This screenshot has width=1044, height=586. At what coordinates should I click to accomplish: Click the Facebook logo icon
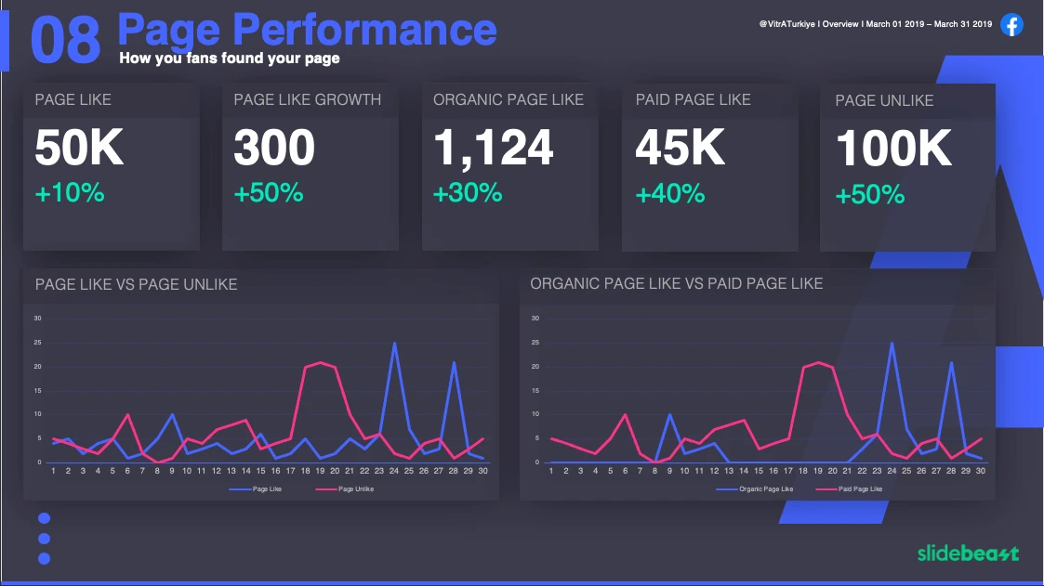pos(1011,25)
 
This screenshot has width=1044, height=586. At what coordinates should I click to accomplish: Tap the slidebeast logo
pos(968,553)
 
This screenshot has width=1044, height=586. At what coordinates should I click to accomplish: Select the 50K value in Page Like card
pos(79,149)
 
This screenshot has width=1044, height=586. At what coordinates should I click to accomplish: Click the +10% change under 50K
pos(70,194)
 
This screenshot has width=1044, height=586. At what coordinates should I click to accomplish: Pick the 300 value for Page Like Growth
pos(274,149)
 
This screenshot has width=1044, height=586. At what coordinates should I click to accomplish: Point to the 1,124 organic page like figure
pos(493,149)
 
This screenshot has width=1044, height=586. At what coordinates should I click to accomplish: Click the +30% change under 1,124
pos(468,193)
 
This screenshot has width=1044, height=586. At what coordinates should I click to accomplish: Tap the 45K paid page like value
pos(680,149)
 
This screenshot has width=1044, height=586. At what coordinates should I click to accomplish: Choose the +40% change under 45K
pos(670,194)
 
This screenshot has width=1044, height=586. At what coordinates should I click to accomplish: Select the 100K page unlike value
pos(893,149)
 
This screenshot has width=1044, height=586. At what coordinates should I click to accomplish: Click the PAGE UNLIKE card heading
pos(884,100)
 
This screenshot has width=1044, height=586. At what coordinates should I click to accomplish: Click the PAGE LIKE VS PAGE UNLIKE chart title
pos(136,284)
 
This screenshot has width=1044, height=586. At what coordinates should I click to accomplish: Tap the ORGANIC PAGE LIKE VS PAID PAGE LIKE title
pos(676,283)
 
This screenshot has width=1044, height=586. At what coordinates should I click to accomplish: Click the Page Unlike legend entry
pos(355,488)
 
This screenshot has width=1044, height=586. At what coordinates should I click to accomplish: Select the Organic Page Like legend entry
pos(765,488)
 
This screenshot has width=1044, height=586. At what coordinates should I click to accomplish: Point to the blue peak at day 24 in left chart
pos(395,343)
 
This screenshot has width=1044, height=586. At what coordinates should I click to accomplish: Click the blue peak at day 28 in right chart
pos(951,362)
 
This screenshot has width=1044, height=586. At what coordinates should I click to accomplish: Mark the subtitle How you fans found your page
pos(229,59)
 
